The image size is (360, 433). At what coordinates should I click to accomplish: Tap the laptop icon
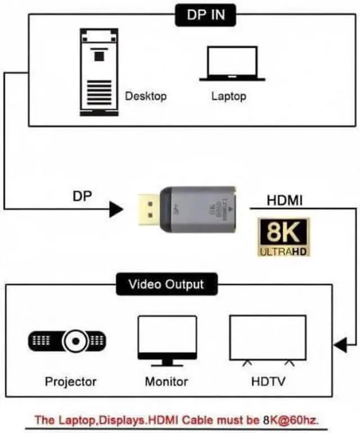pos(232,64)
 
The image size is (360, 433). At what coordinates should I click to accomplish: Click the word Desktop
pos(146,96)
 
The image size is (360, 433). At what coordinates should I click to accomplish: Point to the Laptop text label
pos(228,96)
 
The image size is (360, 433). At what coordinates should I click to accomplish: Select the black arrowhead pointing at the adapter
pos(116,209)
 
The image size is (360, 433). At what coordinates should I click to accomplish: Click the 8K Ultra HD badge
pos(284,238)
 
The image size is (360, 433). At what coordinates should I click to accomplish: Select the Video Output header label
pos(166,284)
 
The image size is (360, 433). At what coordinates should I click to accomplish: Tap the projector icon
pos(68,341)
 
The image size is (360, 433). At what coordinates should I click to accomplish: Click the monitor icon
pos(167,340)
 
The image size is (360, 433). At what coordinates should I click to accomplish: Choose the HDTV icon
pos(268,340)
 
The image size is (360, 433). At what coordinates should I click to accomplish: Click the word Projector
pos(70,381)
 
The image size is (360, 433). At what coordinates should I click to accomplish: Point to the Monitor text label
pos(166,381)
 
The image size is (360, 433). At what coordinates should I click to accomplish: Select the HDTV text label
pos(268,381)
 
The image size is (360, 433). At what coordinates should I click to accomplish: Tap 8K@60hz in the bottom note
pos(294,419)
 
